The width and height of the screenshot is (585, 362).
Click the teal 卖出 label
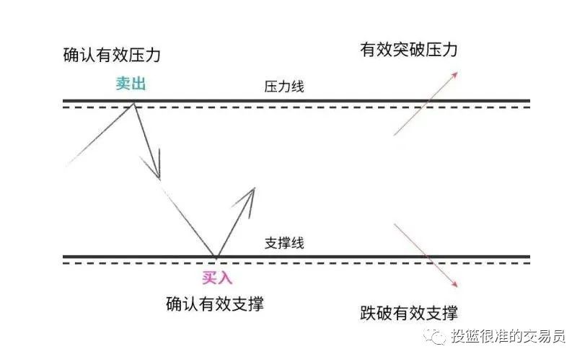(x=131, y=84)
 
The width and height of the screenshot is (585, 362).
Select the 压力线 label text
(x=284, y=87)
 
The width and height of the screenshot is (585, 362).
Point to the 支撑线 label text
(x=284, y=243)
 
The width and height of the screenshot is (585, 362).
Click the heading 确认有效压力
(x=112, y=56)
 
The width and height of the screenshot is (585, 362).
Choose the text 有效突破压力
(x=409, y=50)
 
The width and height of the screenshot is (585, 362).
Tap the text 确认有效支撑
(x=214, y=304)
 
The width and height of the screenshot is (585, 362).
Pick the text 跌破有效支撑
(x=408, y=313)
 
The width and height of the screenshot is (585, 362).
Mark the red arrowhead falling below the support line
(x=454, y=283)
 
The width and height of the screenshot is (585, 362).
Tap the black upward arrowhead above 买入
(x=249, y=195)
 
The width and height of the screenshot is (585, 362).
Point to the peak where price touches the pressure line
(x=134, y=104)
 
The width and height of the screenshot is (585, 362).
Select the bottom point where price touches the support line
(x=216, y=257)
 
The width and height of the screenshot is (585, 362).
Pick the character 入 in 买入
(x=225, y=275)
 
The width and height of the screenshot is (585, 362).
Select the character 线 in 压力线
(x=297, y=87)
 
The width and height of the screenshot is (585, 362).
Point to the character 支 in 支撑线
(x=271, y=243)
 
